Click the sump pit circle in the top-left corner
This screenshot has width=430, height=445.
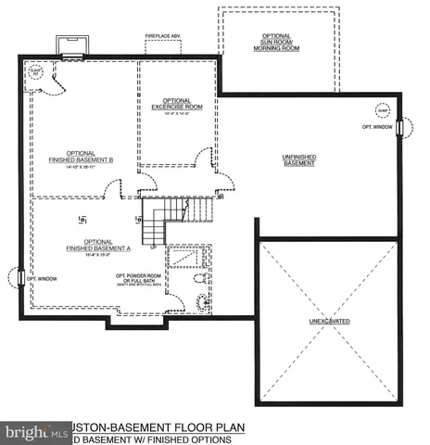(x=36, y=73)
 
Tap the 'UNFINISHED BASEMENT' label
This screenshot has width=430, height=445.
(x=298, y=160)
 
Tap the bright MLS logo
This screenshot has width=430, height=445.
(x=36, y=432)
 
